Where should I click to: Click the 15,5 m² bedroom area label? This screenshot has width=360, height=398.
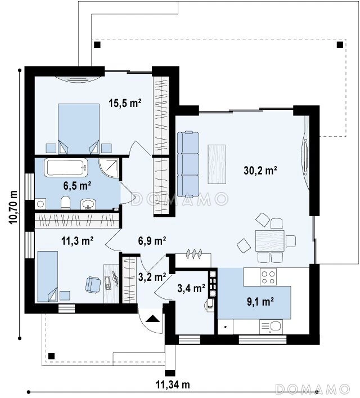tap(125, 103)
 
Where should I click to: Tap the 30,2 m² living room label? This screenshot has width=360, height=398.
tap(260, 171)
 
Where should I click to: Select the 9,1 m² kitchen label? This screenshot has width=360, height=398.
tap(260, 302)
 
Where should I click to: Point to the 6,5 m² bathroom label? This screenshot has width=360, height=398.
tap(77, 186)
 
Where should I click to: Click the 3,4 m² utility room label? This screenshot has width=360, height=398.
tap(191, 288)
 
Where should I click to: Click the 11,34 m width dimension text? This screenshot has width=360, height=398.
tap(173, 384)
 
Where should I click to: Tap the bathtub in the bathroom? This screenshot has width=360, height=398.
tap(66, 168)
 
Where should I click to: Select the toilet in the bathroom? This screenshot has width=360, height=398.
tap(65, 203)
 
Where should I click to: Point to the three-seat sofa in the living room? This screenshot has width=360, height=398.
tap(188, 164)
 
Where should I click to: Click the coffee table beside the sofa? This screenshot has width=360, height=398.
tap(217, 164)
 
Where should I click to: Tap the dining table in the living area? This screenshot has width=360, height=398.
tap(269, 240)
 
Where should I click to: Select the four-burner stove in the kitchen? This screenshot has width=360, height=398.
tap(268, 276)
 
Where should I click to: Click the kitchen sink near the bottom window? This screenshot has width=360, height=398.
tap(271, 327)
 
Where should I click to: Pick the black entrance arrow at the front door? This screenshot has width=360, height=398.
tap(153, 318)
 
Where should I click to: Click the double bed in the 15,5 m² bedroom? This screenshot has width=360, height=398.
tap(79, 128)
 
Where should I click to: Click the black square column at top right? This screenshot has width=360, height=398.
tap(340, 45)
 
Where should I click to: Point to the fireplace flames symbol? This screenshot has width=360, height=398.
tap(194, 254)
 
